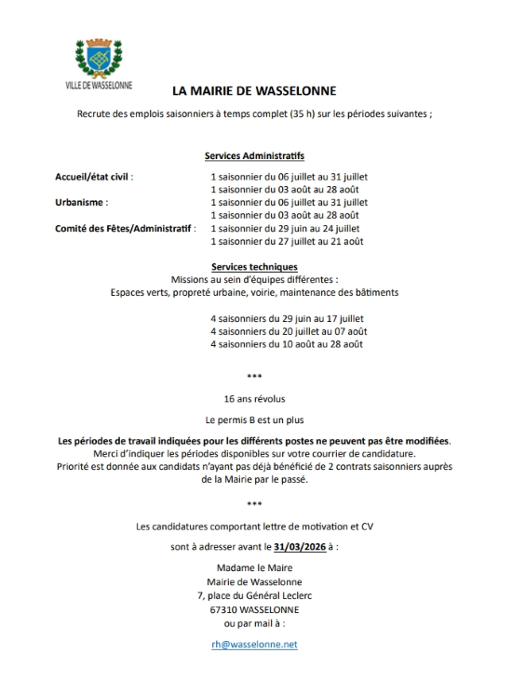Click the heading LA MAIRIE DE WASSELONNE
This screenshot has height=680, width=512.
pyautogui.click(x=254, y=91)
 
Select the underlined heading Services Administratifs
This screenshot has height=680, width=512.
pyautogui.click(x=254, y=156)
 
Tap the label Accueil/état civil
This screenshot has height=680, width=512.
pyautogui.click(x=94, y=175)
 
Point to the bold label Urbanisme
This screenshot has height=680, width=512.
pyautogui.click(x=82, y=201)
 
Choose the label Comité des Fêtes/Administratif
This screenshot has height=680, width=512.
pyautogui.click(x=126, y=227)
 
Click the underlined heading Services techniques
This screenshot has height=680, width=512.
pyautogui.click(x=254, y=266)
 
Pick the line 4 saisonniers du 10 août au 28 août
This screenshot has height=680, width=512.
pyautogui.click(x=286, y=344)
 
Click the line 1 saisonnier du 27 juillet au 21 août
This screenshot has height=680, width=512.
pyautogui.click(x=286, y=241)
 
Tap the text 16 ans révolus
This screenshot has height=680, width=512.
pyautogui.click(x=254, y=397)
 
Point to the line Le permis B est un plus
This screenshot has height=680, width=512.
pyautogui.click(x=254, y=420)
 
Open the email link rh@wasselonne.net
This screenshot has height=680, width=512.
pyautogui.click(x=254, y=644)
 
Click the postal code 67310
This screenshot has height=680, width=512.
pyautogui.click(x=225, y=609)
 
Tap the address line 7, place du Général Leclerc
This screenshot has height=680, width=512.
pyautogui.click(x=254, y=596)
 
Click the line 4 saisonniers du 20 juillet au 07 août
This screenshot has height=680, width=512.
pyautogui.click(x=288, y=331)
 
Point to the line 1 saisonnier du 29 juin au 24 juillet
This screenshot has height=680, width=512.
pyautogui.click(x=286, y=228)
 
